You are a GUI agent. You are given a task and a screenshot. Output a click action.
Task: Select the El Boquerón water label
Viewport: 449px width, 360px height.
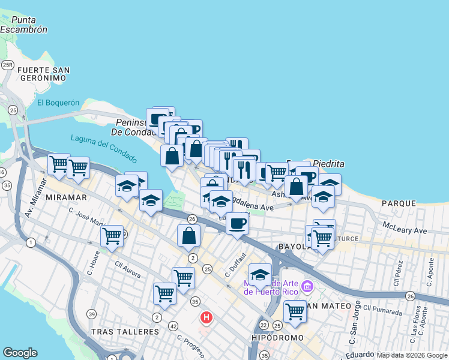(58, 103)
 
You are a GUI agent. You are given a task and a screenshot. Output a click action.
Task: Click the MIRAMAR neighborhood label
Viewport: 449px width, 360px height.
(68, 197)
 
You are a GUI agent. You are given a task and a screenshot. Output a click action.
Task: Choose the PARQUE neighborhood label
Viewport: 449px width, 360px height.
(399, 203)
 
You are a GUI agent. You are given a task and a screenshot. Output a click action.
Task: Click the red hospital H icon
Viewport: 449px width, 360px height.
(206, 317)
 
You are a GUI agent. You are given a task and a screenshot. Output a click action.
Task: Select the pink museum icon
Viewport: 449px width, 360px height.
(308, 287)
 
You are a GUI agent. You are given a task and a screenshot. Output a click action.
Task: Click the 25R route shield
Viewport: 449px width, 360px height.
(8, 65)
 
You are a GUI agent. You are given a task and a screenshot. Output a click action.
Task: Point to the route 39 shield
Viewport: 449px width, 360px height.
(91, 314)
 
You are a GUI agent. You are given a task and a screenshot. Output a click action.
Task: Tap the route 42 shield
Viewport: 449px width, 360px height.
(173, 326)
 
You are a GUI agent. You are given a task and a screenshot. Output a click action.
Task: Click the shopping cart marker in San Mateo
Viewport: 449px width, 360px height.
(295, 311)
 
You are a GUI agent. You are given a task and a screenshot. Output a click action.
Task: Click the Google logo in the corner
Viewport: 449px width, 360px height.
(20, 353)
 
